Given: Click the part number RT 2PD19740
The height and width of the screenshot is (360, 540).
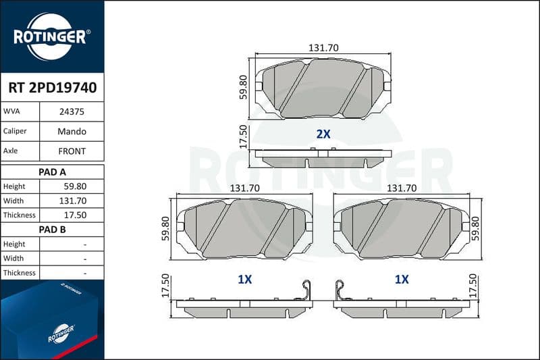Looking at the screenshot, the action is click(x=53, y=88).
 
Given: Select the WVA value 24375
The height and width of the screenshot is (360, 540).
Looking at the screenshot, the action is click(x=72, y=111).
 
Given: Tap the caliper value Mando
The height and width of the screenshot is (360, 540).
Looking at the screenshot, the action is click(x=72, y=131).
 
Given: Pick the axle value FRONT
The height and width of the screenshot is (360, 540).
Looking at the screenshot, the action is click(x=72, y=151).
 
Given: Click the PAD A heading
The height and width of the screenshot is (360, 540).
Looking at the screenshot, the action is click(x=52, y=172).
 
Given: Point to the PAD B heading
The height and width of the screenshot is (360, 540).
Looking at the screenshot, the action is click(x=52, y=230).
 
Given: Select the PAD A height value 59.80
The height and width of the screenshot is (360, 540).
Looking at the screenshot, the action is click(x=75, y=186).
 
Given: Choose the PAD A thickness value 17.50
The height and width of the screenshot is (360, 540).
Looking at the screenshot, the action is click(x=75, y=215).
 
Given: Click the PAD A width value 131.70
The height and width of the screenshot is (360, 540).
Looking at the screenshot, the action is click(x=73, y=201).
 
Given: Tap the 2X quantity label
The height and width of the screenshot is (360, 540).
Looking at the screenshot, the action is click(x=323, y=134).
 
